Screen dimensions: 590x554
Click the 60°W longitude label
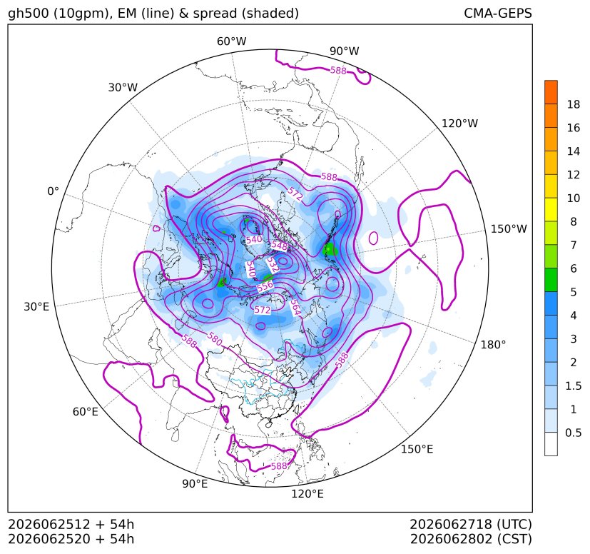click(x=231, y=41)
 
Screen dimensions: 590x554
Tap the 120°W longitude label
click(x=459, y=124)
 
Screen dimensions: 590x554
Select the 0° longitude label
click(x=53, y=191)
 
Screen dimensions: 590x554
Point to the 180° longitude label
click(x=493, y=345)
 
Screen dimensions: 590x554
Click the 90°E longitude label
click(x=195, y=484)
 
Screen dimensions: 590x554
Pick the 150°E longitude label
click(x=417, y=449)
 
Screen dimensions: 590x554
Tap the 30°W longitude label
click(x=123, y=87)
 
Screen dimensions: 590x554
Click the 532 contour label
click(x=273, y=265)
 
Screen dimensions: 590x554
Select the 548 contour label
click(x=279, y=246)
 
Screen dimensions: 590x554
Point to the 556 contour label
click(x=265, y=286)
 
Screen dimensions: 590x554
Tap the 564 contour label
click(x=295, y=308)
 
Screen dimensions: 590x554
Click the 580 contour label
click(x=215, y=339)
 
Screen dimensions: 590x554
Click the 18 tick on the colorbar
click(x=574, y=105)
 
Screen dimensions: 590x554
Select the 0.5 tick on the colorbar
click(x=574, y=433)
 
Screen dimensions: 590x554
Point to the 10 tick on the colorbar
click(x=574, y=198)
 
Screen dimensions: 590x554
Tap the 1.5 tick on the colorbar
click(x=574, y=386)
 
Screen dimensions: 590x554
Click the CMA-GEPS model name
click(x=498, y=14)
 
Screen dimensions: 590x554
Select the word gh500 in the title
click(x=29, y=14)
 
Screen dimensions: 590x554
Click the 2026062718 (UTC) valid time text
click(x=471, y=524)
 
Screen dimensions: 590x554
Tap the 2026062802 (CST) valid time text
click(x=471, y=539)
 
